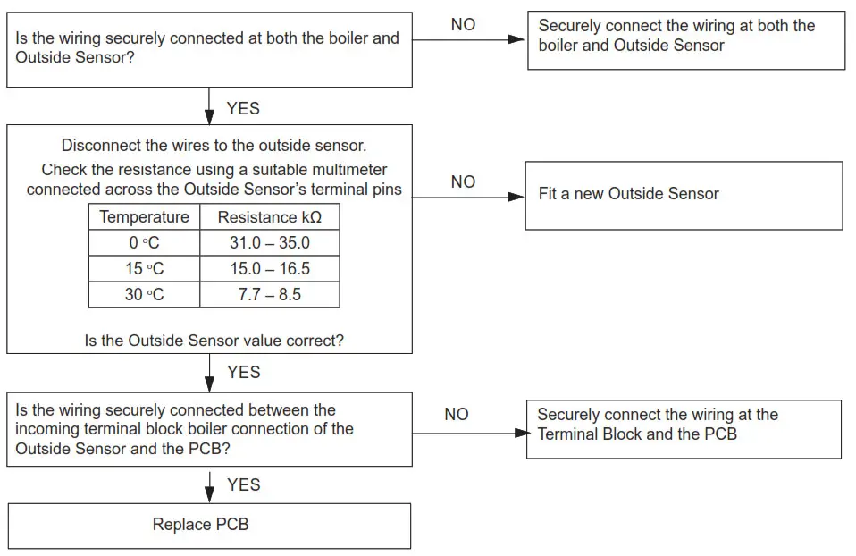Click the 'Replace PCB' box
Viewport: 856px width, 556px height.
209,525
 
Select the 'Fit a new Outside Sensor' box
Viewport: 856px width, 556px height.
684,194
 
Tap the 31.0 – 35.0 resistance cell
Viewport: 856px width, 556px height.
269,242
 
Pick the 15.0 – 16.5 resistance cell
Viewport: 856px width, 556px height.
269,268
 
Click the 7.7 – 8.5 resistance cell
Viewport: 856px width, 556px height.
269,294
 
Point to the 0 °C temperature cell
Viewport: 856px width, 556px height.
144,242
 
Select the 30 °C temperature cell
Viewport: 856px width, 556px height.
144,294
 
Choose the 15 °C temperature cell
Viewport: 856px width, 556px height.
144,268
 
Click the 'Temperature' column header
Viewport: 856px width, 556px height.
144,217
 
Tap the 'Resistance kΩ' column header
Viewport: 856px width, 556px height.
269,217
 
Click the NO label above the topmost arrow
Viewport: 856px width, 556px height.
463,25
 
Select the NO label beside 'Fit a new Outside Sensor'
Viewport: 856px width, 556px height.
463,181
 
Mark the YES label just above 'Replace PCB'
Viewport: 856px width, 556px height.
243,484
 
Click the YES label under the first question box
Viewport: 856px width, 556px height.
243,108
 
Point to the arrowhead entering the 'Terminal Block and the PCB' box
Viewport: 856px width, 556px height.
520,433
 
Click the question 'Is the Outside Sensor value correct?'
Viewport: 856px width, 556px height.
214,341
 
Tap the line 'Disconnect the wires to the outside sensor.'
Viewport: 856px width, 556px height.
214,146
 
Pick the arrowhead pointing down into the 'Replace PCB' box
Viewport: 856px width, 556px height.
210,496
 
